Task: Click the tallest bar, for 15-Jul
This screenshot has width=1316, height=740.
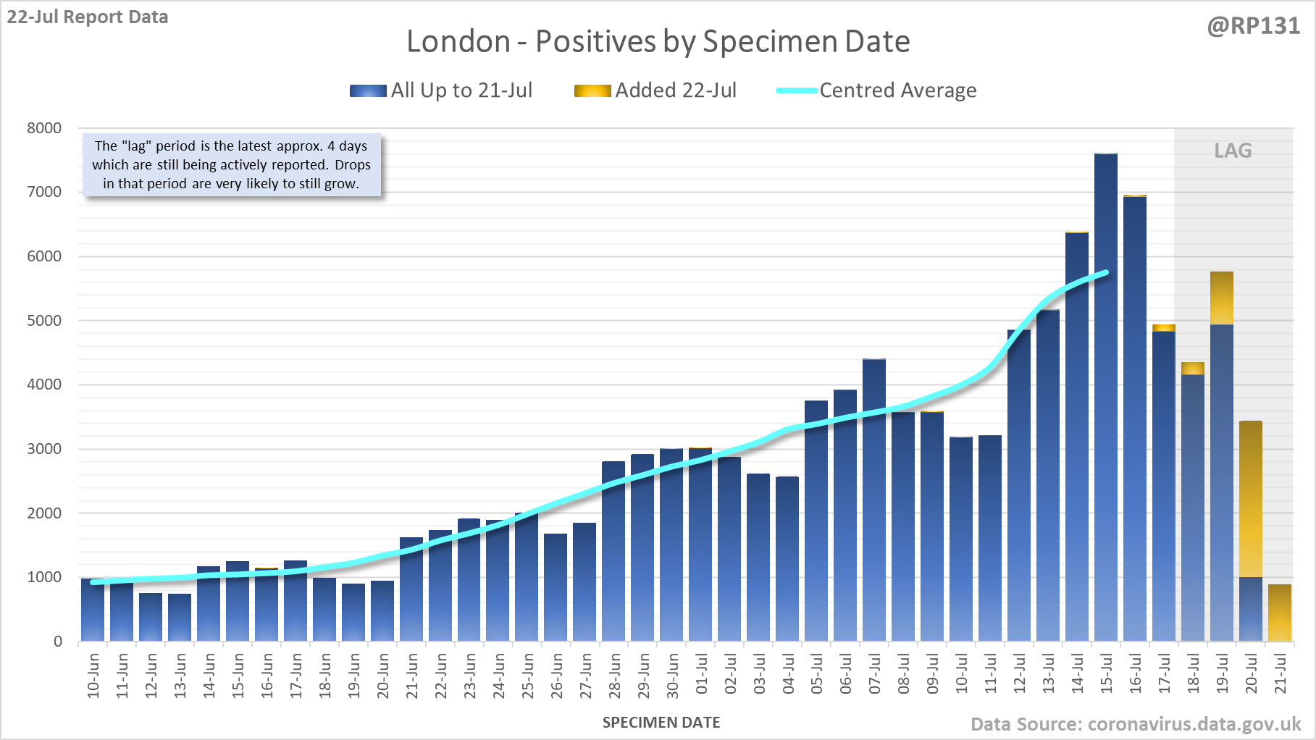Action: [x=1106, y=398]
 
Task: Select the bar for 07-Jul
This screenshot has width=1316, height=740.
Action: [x=874, y=500]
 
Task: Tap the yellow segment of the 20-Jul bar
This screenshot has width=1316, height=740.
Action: [x=1251, y=500]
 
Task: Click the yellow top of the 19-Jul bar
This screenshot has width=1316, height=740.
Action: [x=1222, y=298]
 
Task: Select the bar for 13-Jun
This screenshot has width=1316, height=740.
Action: [x=180, y=617]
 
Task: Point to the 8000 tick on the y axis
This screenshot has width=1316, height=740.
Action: [x=44, y=128]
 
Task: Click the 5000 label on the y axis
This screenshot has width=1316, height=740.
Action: [x=44, y=321]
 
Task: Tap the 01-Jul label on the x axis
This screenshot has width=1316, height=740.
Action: [x=702, y=674]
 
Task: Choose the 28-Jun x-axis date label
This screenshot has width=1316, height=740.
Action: [x=615, y=676]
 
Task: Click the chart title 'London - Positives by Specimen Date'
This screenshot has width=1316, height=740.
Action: [x=658, y=41]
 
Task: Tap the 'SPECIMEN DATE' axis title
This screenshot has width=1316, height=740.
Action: [x=661, y=723]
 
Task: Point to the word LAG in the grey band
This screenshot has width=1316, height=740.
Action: [x=1233, y=151]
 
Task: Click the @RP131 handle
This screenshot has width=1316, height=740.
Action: [x=1253, y=26]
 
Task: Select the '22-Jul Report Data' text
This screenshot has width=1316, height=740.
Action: [x=88, y=17]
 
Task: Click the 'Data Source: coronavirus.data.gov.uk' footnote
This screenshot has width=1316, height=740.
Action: [x=1136, y=724]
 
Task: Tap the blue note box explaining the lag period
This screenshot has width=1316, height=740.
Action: [x=231, y=165]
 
